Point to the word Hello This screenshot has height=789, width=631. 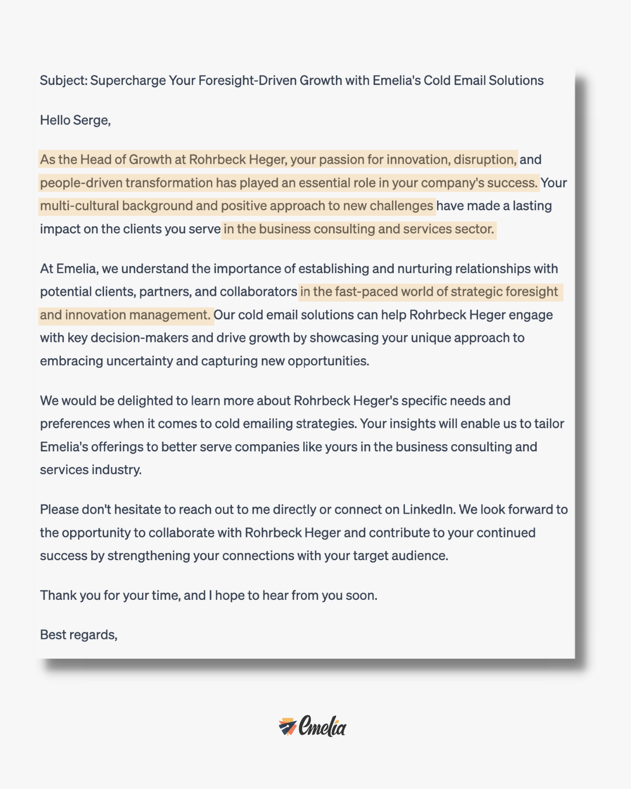(55, 120)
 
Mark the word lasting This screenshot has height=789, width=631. (532, 206)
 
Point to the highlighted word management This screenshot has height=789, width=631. (169, 315)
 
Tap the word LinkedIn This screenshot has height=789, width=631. (428, 510)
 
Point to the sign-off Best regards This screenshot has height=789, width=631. (78, 635)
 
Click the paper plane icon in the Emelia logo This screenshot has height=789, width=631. (287, 726)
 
